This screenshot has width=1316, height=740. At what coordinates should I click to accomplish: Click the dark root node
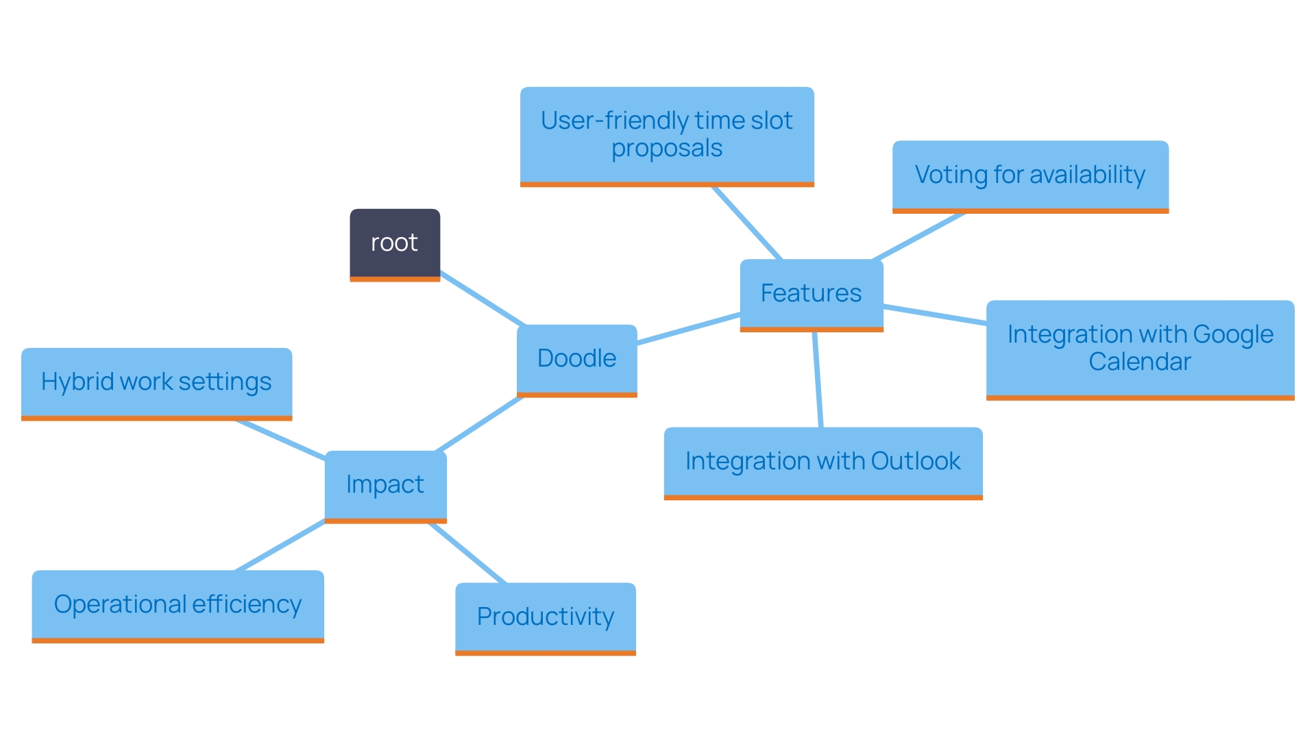(395, 243)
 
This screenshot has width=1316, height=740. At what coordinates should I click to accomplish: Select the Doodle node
(576, 358)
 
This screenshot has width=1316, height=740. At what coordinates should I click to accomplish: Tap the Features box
(811, 293)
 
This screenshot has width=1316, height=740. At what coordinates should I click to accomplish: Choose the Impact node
(385, 484)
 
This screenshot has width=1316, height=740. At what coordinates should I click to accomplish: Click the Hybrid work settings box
(156, 382)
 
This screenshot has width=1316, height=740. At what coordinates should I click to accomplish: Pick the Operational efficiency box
(178, 604)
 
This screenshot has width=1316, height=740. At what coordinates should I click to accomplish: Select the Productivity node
(545, 617)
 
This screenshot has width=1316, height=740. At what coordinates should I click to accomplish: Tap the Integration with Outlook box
(822, 461)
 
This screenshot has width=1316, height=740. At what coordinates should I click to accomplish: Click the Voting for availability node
(1029, 175)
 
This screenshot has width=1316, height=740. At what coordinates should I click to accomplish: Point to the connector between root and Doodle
(483, 299)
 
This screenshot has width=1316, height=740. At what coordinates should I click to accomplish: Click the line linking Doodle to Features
(688, 328)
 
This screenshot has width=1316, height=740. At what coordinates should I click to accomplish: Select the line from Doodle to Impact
(479, 424)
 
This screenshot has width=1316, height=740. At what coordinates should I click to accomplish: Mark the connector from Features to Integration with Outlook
(817, 380)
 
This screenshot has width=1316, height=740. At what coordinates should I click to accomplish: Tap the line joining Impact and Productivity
(467, 553)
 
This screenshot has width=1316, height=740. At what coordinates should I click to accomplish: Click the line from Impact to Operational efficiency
(280, 545)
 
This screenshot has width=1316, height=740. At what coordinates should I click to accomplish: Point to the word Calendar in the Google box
(1140, 362)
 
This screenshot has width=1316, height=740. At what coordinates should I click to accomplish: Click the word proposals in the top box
(666, 149)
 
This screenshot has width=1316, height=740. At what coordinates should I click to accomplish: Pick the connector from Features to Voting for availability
(918, 236)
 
